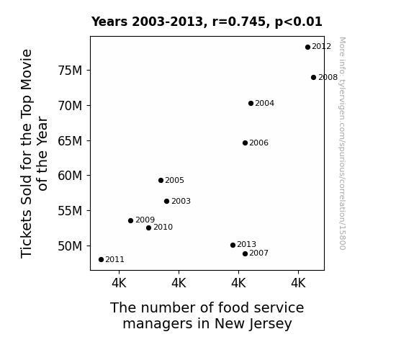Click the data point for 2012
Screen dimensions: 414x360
pyautogui.click(x=307, y=48)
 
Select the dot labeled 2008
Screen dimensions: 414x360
pyautogui.click(x=313, y=77)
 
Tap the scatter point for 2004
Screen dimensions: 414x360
pyautogui.click(x=251, y=103)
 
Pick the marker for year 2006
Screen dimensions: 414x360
pyautogui.click(x=245, y=143)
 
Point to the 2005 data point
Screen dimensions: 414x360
pyautogui.click(x=161, y=181)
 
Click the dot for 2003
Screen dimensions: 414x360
pyautogui.click(x=166, y=202)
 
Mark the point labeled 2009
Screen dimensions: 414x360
pyautogui.click(x=131, y=220)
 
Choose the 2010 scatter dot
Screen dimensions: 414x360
pyautogui.click(x=148, y=228)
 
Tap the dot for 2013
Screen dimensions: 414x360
pyautogui.click(x=233, y=245)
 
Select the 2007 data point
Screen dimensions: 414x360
pyautogui.click(x=245, y=254)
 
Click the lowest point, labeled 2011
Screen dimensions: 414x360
pyautogui.click(x=101, y=260)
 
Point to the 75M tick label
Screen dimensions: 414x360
pyautogui.click(x=70, y=71)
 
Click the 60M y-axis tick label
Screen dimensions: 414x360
pyautogui.click(x=70, y=176)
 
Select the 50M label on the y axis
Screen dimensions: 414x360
pyautogui.click(x=70, y=246)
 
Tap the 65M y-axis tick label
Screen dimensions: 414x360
pyautogui.click(x=70, y=141)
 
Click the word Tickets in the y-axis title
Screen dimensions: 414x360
pyautogui.click(x=27, y=234)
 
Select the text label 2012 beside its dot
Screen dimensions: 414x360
pyautogui.click(x=321, y=47)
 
